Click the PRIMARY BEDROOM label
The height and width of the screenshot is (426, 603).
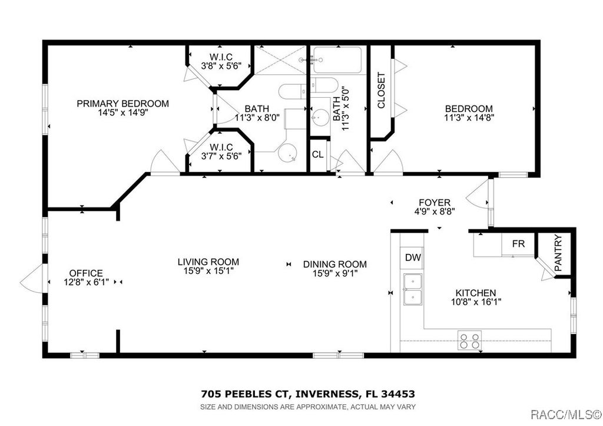point(122,104)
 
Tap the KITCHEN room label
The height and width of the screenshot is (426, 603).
point(476,293)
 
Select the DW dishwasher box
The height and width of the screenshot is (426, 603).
point(413,257)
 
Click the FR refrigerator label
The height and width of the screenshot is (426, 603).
point(518,244)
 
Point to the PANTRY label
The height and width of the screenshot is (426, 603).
point(558,253)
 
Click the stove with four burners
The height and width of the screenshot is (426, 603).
point(469,341)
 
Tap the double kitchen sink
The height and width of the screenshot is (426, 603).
point(413,289)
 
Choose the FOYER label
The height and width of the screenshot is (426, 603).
point(435,203)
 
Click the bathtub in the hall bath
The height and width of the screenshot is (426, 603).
point(337,60)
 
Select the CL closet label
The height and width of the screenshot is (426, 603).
point(317,155)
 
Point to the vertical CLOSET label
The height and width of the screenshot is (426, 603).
point(381,90)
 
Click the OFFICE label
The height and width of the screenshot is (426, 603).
point(86,273)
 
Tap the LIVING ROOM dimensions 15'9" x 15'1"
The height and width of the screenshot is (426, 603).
point(209,271)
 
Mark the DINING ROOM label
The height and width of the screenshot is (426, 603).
point(335,265)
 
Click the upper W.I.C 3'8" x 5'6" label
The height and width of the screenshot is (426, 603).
point(221,61)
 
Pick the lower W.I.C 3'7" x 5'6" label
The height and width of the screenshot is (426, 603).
point(221,151)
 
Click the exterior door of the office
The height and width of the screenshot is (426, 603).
point(33,279)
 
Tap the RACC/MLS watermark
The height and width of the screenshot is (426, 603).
point(566,414)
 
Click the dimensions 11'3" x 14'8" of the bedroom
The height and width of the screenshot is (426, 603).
point(469,118)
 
